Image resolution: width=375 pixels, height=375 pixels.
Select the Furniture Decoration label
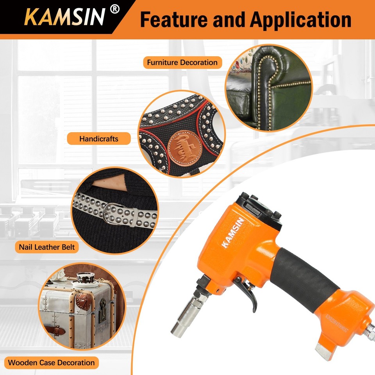coord(182,62)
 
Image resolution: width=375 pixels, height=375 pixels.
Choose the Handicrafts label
coord(98,139)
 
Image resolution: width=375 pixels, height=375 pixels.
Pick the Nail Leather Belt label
coord(46,247)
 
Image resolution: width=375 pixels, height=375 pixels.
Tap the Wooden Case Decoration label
coord(51,362)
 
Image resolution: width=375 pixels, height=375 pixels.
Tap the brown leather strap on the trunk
coord(59,331)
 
